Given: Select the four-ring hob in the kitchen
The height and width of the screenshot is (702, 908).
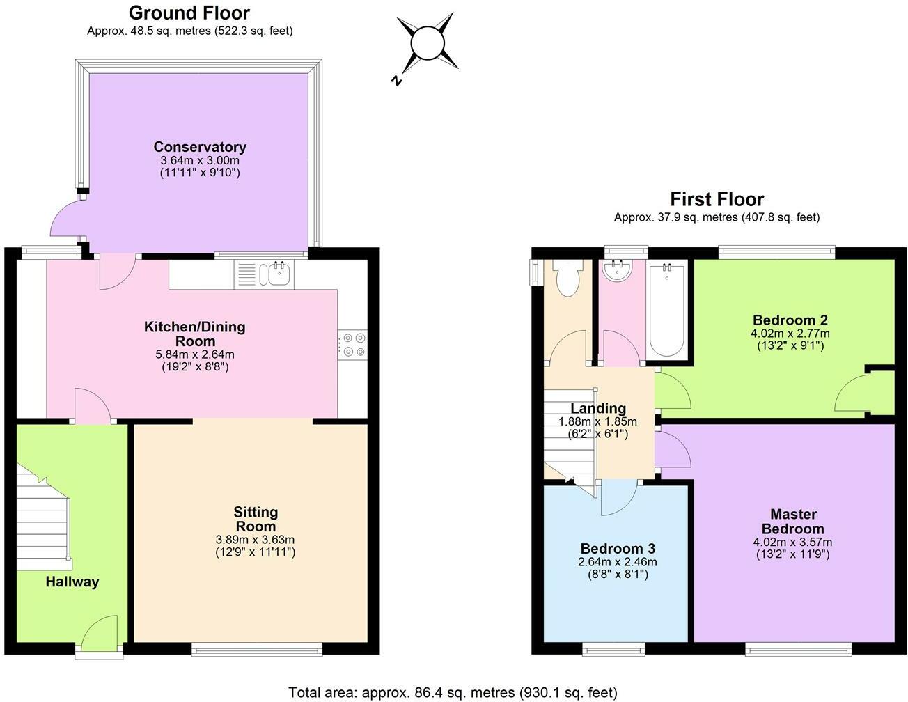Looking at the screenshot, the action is [352, 345].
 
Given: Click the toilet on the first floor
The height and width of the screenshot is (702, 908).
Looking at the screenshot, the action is [567, 277].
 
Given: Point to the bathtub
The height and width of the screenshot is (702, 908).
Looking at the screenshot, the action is [667, 310].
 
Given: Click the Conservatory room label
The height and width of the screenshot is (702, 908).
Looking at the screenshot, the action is [200, 147].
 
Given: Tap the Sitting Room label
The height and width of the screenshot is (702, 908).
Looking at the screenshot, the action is [256, 519].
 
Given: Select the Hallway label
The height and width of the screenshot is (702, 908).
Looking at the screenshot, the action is [72, 582].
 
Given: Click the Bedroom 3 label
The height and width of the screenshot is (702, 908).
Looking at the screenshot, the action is [618, 548].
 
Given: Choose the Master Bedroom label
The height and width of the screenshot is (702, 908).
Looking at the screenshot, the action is [792, 521].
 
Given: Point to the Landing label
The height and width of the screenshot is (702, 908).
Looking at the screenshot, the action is [598, 408].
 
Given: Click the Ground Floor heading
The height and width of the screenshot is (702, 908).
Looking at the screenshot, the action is [189, 13].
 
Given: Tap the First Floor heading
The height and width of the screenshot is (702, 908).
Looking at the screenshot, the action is [717, 199].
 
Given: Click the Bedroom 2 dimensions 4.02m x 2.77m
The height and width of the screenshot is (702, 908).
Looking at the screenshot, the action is [790, 334].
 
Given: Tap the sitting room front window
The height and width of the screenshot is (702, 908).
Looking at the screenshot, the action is [257, 649].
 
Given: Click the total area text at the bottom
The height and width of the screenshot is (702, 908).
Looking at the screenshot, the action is [453, 692].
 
